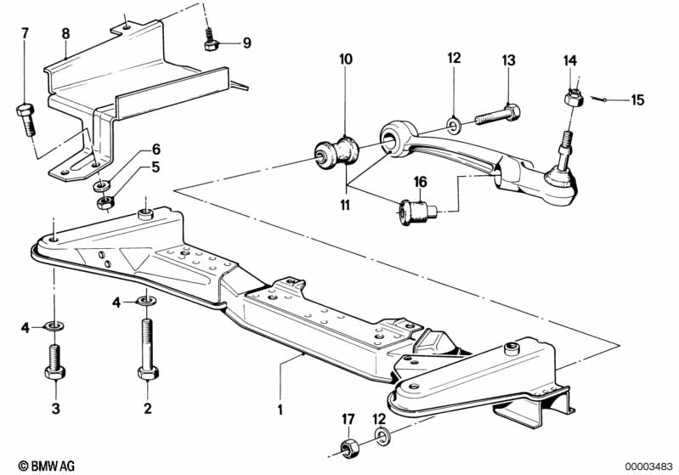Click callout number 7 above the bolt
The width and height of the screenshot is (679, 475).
[x=25, y=33]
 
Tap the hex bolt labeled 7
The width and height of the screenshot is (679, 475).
[x=26, y=120]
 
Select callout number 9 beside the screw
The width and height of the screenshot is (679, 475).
[x=246, y=42]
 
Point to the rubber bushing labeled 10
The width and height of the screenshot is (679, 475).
[x=337, y=153]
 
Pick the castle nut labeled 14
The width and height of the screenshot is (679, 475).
[x=574, y=97]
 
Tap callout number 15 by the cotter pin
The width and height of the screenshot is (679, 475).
[x=637, y=100]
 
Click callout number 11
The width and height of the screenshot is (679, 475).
[x=345, y=205]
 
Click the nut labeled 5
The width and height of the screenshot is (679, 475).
[x=105, y=202]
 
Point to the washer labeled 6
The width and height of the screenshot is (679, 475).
[x=102, y=186]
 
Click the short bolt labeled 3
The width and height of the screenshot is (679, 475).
[x=55, y=362]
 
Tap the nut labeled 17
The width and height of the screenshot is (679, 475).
[x=348, y=446]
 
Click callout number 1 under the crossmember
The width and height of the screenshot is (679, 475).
[x=280, y=410]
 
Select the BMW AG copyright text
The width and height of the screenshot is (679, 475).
[x=47, y=466]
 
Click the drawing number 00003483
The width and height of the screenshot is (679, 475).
[x=648, y=466]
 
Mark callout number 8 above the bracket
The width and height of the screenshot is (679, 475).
[x=65, y=33]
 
